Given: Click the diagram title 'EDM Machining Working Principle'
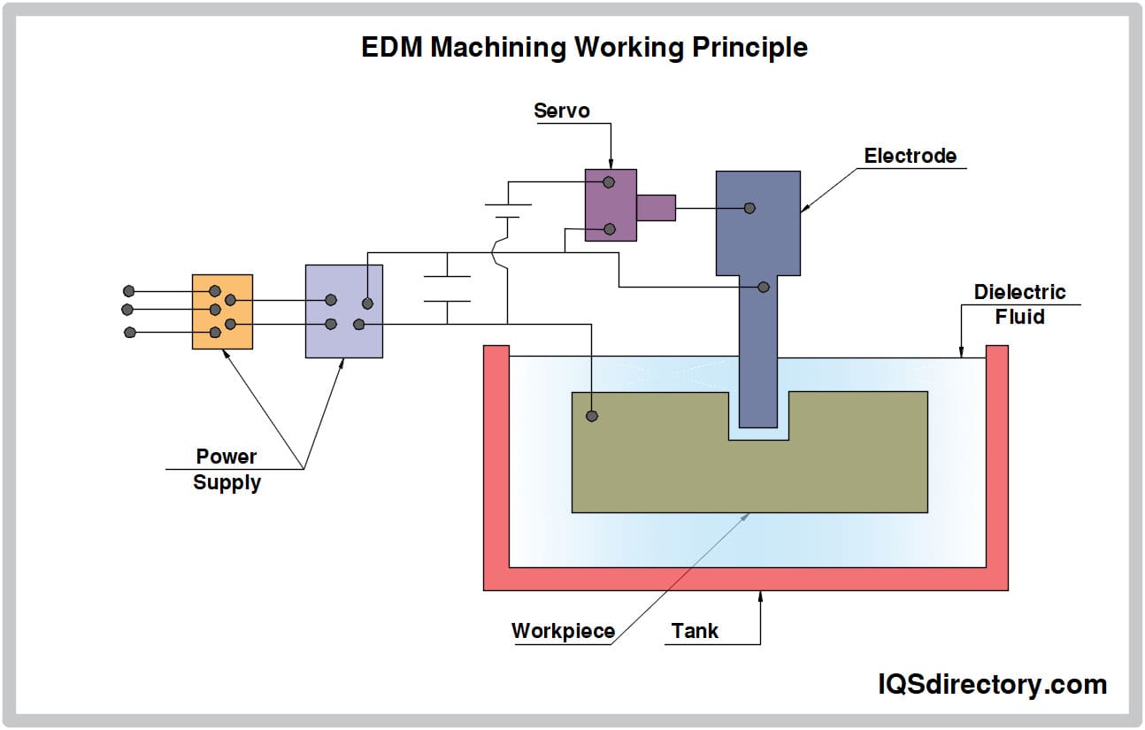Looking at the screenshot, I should tap(584, 47).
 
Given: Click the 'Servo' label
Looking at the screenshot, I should tap(561, 111).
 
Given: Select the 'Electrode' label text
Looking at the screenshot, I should tap(910, 156).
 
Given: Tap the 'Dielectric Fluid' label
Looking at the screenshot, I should tap(1019, 304).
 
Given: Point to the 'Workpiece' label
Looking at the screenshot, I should tap(563, 631).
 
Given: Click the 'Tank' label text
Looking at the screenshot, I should tap(695, 631).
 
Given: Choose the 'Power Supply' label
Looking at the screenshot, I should tap(227, 470).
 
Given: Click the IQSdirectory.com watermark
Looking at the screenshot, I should tap(991, 684).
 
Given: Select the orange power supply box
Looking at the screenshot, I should tap(222, 311).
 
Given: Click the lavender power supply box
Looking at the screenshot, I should tap(343, 311).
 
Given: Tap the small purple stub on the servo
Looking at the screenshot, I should tap(656, 207).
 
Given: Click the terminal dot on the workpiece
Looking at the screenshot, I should tap(592, 416).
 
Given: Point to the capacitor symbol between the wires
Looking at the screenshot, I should tap(447, 289).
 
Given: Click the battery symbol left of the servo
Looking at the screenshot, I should tap(508, 210).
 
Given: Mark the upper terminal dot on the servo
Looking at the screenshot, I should tap(609, 182).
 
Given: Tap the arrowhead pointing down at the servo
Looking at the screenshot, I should tap(611, 165).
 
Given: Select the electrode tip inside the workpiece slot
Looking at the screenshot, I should tap(758, 407).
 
